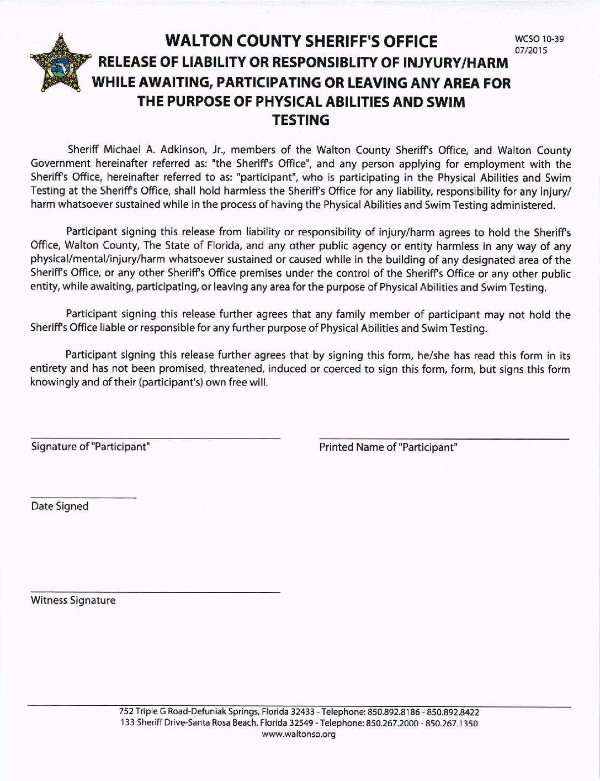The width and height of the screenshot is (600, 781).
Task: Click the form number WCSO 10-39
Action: (x=539, y=39)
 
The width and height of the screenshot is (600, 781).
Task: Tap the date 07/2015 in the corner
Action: (x=530, y=50)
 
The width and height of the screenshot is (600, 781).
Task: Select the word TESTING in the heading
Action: (x=301, y=120)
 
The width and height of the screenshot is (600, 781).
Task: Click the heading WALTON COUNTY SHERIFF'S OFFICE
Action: (x=301, y=41)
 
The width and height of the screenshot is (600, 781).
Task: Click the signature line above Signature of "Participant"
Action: (x=155, y=438)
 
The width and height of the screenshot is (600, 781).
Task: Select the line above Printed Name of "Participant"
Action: (x=444, y=439)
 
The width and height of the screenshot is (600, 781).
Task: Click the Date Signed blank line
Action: (x=83, y=498)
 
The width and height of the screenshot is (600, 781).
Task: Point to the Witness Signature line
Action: (x=155, y=593)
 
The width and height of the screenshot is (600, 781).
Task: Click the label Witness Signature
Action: (x=73, y=600)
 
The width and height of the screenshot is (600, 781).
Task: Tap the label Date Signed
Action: (x=60, y=506)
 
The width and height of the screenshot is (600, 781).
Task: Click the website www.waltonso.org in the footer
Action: (x=299, y=734)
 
